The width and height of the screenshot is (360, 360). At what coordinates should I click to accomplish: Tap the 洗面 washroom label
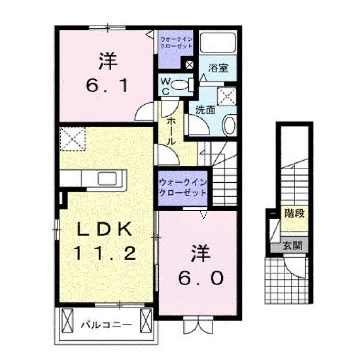(x=205, y=109)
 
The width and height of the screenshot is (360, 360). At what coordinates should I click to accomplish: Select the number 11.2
(x=105, y=254)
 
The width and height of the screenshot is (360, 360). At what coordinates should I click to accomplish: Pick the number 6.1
(x=108, y=86)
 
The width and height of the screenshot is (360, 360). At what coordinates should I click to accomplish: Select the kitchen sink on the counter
(x=107, y=178)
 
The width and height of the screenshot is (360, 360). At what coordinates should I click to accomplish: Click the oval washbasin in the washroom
(x=230, y=124)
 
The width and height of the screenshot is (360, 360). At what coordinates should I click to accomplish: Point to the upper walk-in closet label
(x=175, y=41)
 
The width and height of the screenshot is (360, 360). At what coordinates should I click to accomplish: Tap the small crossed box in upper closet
(x=190, y=64)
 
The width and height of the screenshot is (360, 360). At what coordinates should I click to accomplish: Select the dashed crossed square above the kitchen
(x=72, y=138)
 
